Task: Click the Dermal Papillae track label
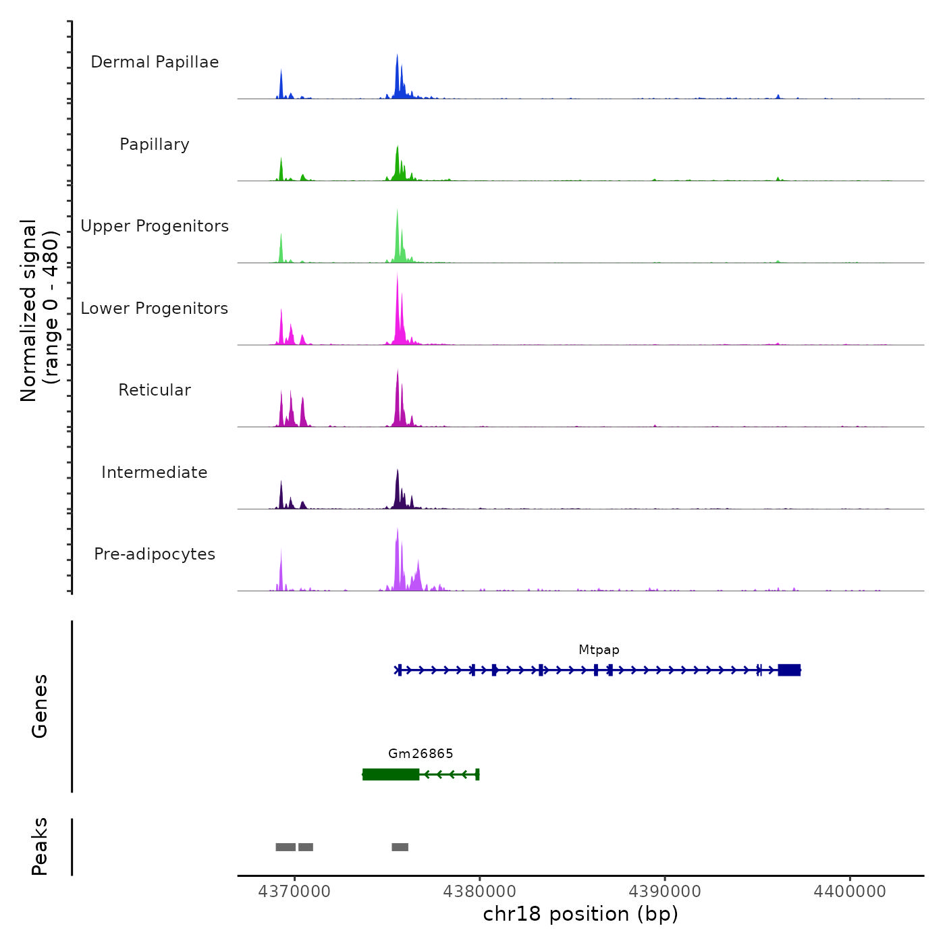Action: (155, 62)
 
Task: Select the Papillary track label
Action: (155, 144)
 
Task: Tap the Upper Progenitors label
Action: (155, 226)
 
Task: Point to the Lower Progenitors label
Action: (155, 308)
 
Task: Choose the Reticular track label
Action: (155, 390)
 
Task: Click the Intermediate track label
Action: (155, 473)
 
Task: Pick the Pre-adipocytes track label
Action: (155, 554)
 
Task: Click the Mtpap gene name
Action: (599, 650)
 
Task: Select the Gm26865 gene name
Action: (421, 754)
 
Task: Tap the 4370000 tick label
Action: (294, 892)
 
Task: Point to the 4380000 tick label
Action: (480, 892)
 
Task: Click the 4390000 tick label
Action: (665, 892)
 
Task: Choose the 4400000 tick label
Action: (850, 892)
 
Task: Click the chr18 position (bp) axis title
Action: (580, 915)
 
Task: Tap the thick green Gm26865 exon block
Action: (391, 774)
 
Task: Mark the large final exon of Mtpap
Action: (789, 670)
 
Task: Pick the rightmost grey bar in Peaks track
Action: (400, 847)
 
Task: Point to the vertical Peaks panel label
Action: (40, 846)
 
